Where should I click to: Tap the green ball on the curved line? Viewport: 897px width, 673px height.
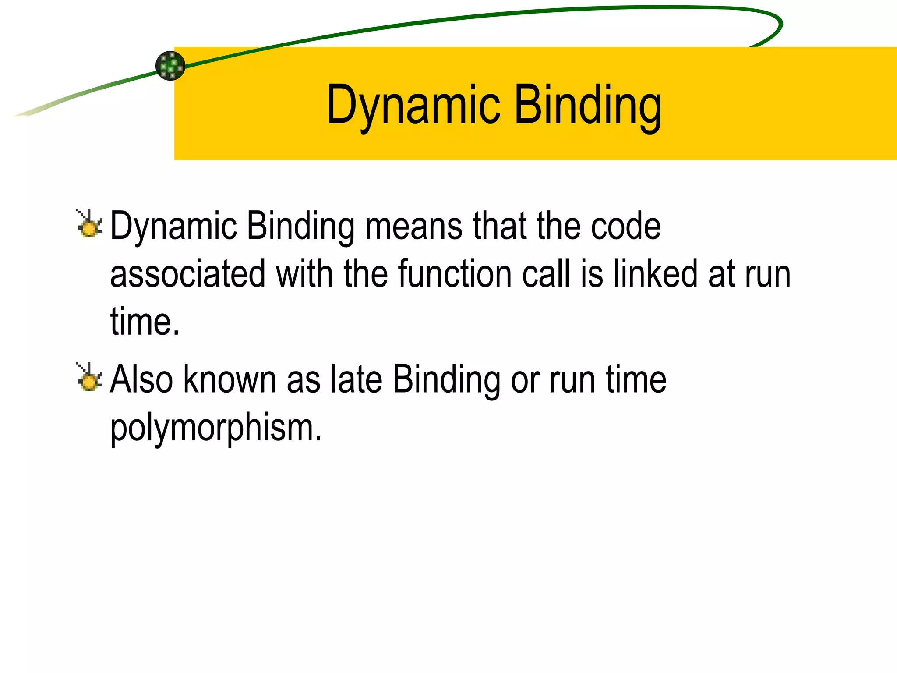click(170, 66)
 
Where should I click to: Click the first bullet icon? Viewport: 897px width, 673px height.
click(89, 224)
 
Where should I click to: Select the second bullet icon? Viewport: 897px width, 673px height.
click(89, 377)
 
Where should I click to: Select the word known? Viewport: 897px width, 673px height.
click(230, 379)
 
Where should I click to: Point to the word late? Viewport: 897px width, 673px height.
click(357, 379)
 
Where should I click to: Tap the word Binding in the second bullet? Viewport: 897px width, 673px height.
click(446, 379)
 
